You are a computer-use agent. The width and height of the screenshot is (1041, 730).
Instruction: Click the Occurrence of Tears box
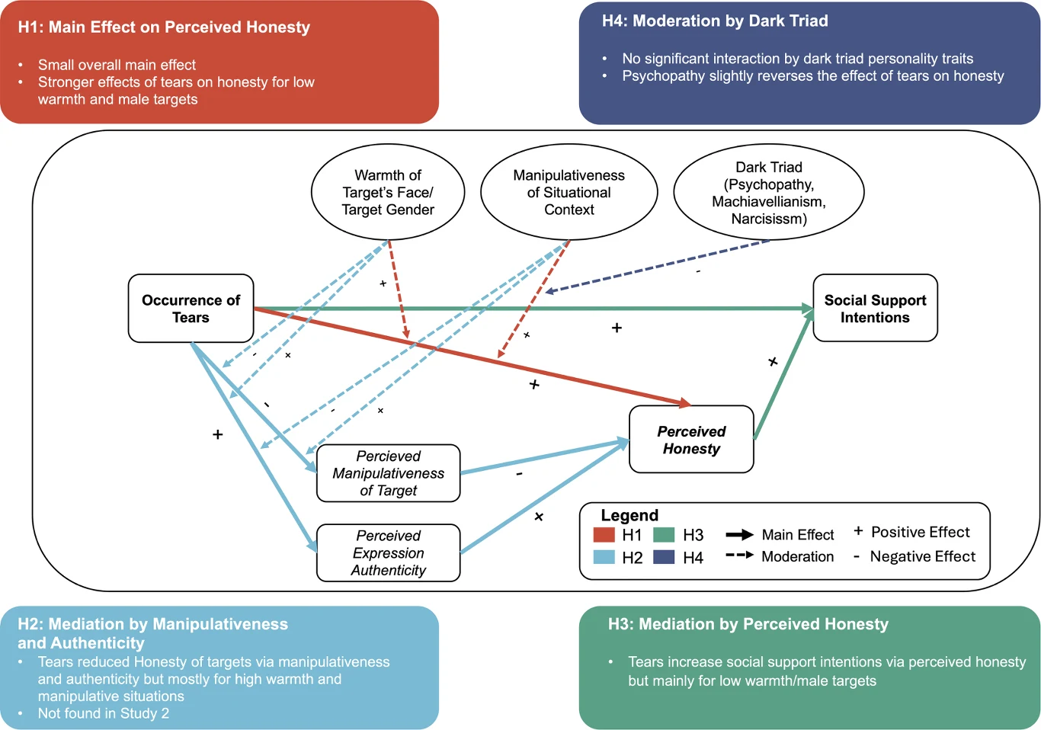191,308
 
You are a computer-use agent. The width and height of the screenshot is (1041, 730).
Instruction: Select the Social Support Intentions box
875,308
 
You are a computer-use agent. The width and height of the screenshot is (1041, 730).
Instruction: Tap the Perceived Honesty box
691,439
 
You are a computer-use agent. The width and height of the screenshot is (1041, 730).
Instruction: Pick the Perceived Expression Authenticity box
388,552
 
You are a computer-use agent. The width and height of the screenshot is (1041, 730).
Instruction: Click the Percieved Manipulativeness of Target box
388,473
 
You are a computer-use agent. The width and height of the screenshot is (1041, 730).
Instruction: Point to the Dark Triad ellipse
769,192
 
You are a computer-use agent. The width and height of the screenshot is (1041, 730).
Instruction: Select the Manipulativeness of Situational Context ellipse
569,192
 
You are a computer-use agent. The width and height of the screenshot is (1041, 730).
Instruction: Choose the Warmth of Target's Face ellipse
388,192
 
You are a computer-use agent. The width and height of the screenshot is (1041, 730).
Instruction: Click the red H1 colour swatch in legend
604,534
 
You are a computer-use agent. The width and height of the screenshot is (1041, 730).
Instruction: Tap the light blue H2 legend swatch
604,557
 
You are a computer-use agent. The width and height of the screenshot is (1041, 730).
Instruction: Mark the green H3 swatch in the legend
664,534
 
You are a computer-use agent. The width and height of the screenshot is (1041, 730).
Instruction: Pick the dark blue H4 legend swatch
664,557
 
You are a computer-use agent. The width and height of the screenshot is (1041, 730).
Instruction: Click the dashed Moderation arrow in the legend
739,555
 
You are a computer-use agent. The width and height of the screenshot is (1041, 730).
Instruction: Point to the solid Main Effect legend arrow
739,535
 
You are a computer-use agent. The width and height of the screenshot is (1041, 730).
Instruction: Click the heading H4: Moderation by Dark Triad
715,21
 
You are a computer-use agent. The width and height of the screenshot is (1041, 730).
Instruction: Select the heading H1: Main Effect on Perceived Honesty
164,27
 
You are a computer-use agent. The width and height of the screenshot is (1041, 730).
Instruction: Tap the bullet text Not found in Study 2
103,713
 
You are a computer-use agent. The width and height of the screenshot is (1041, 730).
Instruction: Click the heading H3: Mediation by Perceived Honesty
748,624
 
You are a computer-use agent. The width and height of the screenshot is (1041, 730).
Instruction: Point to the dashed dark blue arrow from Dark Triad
657,266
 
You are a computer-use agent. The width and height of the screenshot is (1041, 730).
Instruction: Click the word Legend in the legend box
629,515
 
